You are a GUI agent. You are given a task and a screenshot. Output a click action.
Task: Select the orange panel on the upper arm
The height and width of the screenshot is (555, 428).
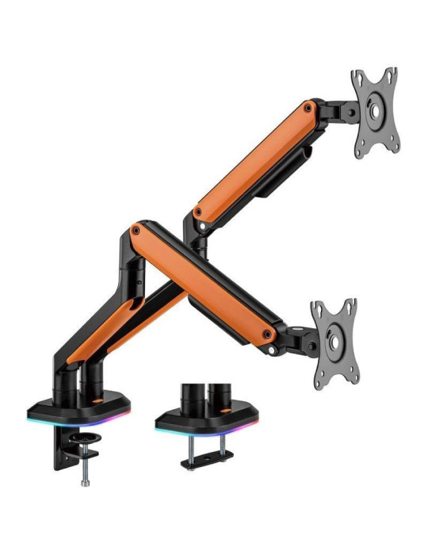point(254,159)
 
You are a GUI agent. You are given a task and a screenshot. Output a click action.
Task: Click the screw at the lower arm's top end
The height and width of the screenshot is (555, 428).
point(137,230)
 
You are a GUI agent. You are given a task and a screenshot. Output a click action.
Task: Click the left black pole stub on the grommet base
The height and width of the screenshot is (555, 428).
point(189,395)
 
